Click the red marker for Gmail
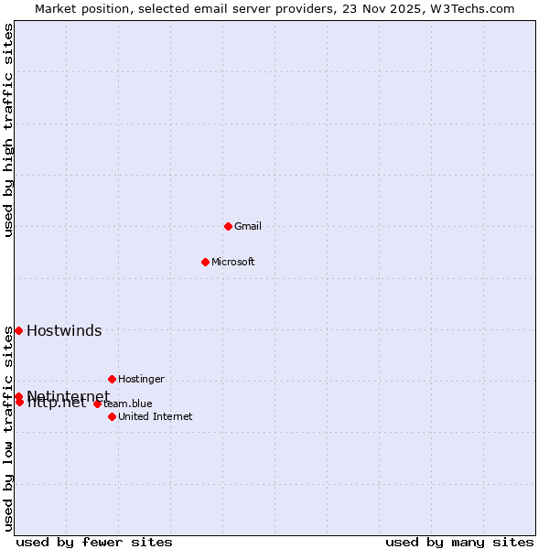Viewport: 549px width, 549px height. (x=228, y=226)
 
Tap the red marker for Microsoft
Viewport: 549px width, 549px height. (x=205, y=262)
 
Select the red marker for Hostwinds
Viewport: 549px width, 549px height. (x=18, y=330)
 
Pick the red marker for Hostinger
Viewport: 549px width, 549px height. (x=112, y=379)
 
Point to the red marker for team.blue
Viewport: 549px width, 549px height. (x=97, y=404)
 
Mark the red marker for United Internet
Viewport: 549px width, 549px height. (x=112, y=416)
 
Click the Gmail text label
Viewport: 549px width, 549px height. (x=248, y=226)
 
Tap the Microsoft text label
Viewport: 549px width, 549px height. (x=233, y=262)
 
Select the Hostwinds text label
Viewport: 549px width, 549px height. (x=64, y=331)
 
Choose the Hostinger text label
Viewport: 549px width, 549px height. (x=141, y=379)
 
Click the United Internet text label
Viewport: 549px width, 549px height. (x=156, y=416)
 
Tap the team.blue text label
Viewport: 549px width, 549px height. (x=128, y=404)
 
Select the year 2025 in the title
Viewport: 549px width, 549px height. (x=406, y=9)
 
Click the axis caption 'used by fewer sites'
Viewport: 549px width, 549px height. (x=94, y=542)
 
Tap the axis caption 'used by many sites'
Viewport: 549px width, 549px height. (x=459, y=542)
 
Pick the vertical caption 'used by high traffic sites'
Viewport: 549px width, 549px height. (x=9, y=131)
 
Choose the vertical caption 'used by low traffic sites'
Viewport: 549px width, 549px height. (x=9, y=428)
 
